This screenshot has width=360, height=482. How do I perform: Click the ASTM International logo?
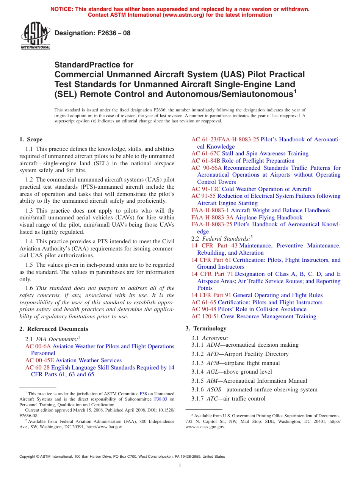35,36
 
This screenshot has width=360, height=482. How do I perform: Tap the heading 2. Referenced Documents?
54,329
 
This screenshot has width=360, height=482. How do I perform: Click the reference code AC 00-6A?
38,346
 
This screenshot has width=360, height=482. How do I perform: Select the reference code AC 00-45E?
39,360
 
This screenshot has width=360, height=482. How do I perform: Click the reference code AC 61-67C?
206,153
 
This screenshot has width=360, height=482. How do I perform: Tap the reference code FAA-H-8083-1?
210,210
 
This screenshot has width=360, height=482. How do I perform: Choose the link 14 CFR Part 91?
211,295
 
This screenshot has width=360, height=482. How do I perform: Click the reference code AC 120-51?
205,316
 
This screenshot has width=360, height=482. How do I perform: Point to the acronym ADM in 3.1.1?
213,345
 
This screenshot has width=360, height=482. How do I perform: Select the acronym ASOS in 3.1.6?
214,390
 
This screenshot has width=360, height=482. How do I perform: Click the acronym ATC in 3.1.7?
212,399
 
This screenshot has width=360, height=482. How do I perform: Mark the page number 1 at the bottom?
180,466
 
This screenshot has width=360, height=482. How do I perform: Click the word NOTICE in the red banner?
63,9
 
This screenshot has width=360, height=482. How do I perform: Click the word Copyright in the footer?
29,457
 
